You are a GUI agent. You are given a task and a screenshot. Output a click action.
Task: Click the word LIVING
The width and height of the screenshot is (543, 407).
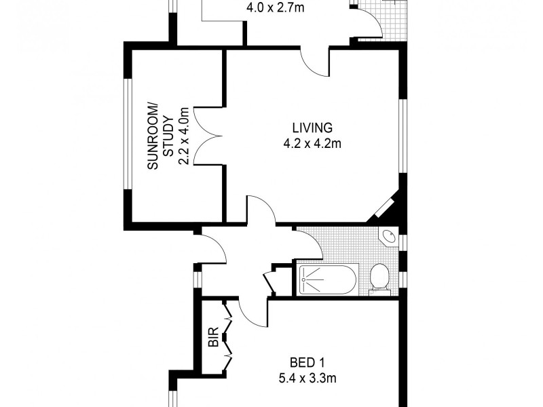click(x=312, y=127)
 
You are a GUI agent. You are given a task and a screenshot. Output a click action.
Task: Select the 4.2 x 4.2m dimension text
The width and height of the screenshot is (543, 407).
click(x=312, y=143)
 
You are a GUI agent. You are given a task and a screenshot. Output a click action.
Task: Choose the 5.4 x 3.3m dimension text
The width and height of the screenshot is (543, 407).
click(x=307, y=379)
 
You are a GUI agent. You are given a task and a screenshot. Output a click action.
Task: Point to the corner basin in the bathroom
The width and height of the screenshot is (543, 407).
click(x=390, y=237)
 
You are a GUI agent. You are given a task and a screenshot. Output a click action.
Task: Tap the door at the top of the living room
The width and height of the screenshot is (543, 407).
click(x=316, y=62)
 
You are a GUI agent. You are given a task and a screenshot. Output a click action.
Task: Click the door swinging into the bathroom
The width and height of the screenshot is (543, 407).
click(x=309, y=243)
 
